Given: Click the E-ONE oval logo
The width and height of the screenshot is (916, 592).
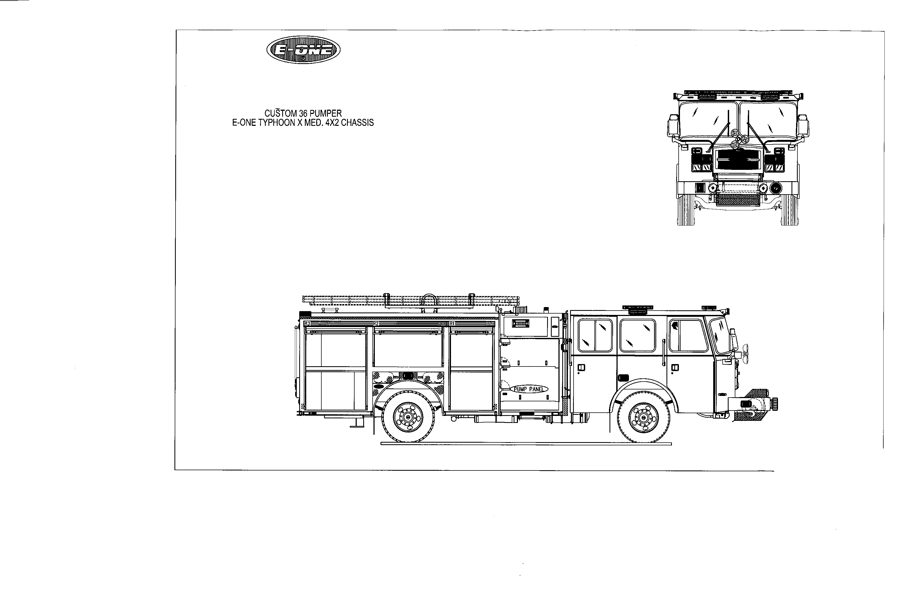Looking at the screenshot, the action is tap(303, 50).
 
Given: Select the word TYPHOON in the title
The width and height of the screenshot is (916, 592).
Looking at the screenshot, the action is tap(278, 123).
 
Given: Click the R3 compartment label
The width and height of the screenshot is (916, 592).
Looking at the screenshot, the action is tap(307, 324).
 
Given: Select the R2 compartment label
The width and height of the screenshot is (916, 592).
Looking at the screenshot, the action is tap(376, 324).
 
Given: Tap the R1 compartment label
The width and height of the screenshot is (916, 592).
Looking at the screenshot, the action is tap(452, 324).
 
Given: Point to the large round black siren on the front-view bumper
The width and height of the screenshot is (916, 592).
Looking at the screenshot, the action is tap(775, 188).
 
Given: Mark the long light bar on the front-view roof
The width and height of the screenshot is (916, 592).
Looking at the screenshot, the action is tap(738, 93).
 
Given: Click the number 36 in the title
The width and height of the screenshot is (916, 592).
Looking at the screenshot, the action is tap(303, 114).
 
